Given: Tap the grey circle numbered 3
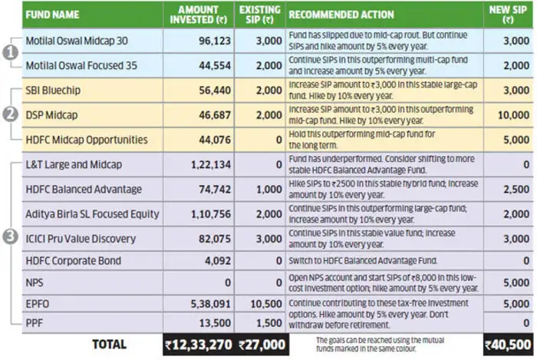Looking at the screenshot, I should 10,238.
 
